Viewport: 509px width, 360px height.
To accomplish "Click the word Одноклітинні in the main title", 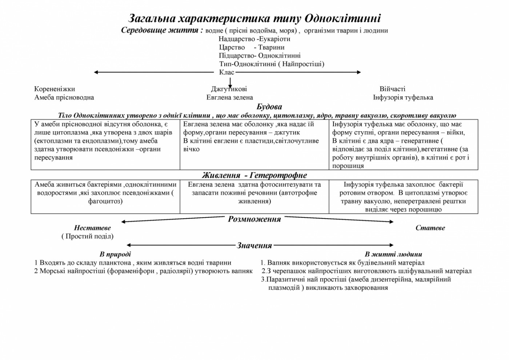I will [342, 18].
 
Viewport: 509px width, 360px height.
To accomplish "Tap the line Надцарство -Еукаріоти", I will [254, 39].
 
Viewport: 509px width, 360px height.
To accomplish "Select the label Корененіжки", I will [55, 89].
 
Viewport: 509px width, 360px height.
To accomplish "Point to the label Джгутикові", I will [229, 89].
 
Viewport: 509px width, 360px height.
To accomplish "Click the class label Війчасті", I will [392, 89].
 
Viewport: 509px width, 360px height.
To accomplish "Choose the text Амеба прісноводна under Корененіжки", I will [64, 97].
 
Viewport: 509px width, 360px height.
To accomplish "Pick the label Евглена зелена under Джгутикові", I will [229, 97].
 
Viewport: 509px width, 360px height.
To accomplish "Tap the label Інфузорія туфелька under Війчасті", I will [403, 97].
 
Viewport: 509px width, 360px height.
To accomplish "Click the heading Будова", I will [269, 107].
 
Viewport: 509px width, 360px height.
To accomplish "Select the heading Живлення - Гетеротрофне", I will [254, 175].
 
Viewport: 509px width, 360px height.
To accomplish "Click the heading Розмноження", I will [254, 219].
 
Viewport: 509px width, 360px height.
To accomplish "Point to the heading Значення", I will [254, 245].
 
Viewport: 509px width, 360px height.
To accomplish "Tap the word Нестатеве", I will [92, 228].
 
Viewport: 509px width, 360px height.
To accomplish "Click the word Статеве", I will [430, 228].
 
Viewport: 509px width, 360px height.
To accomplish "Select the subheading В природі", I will [115, 254].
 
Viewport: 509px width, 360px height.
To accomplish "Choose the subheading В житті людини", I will [393, 254].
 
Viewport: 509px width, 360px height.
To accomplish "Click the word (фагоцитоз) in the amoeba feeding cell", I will [105, 201].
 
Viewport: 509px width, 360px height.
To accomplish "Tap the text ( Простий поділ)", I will [87, 236].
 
